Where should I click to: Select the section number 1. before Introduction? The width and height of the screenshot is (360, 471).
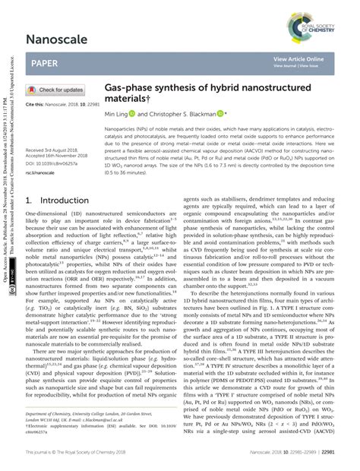30,201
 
